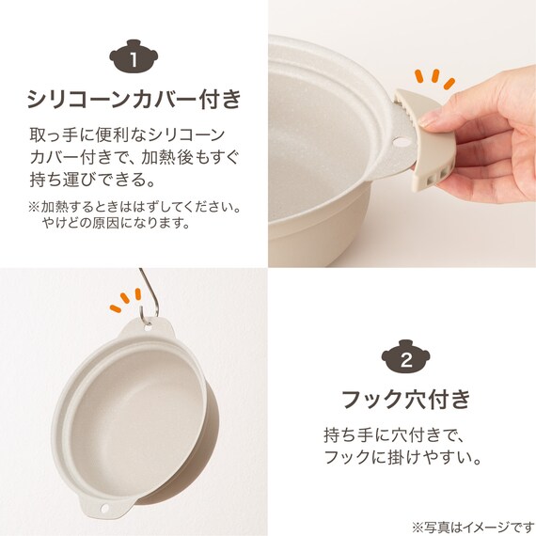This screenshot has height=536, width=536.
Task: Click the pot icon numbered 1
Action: (x=134, y=56)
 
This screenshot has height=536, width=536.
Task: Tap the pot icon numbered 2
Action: (x=405, y=356)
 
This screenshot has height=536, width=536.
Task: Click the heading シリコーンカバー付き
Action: (x=134, y=99)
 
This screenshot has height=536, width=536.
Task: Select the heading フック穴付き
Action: (x=406, y=399)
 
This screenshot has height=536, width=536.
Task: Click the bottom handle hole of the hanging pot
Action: (x=105, y=509)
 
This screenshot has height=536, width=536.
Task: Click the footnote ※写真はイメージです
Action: (x=473, y=527)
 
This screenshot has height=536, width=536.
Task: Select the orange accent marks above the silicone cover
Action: (x=434, y=79)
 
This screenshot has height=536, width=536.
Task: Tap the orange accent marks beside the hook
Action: (x=125, y=300)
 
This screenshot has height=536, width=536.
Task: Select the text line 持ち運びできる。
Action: (x=93, y=180)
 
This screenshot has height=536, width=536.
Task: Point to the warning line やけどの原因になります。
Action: (x=116, y=223)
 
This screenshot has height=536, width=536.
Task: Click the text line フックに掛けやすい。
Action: (x=402, y=457)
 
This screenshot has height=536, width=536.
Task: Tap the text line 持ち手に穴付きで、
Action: (x=393, y=434)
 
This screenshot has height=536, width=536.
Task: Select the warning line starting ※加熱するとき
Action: (x=134, y=207)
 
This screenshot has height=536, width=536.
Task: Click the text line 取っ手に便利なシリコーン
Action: (x=127, y=134)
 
